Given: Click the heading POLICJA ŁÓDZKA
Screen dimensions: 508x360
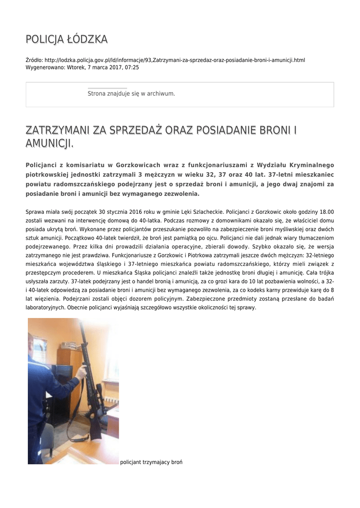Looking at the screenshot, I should point(67,39).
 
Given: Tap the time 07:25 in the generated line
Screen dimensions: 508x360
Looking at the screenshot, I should point(132,67).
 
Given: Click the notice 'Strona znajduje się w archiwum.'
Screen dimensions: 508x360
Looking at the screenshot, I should point(131,93).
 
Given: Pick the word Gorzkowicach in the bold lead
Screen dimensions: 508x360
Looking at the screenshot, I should point(141,165).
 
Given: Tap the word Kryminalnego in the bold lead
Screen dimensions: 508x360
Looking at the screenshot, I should point(310,165).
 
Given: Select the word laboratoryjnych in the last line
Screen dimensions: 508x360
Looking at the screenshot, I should point(45,307).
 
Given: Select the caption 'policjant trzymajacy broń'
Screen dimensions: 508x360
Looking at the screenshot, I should point(151,462).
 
